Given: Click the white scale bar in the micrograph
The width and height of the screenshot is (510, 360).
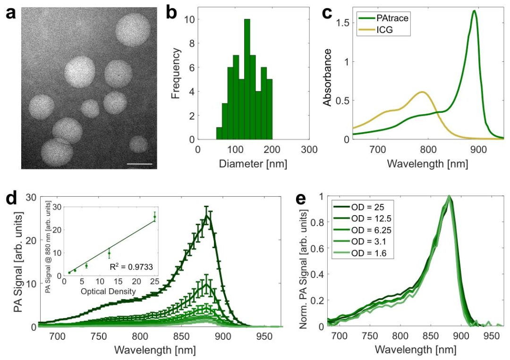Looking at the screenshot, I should (x=140, y=164).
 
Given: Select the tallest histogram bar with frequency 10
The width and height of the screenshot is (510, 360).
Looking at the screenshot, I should (x=247, y=79).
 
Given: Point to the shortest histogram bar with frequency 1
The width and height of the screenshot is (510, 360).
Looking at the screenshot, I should (x=219, y=134).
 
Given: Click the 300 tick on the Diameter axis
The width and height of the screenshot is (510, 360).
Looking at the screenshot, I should (x=309, y=150).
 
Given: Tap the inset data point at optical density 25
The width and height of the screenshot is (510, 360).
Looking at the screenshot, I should (x=154, y=217).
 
